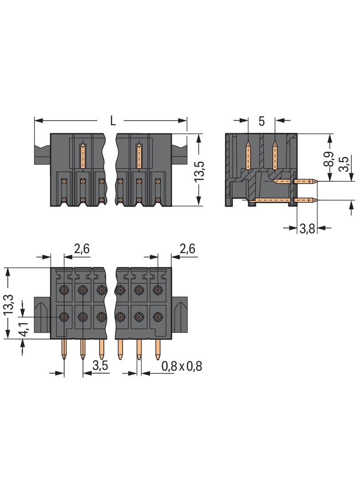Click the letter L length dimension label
112,121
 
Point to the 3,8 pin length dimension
307,228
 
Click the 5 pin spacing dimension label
261,122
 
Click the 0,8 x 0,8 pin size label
182,366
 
